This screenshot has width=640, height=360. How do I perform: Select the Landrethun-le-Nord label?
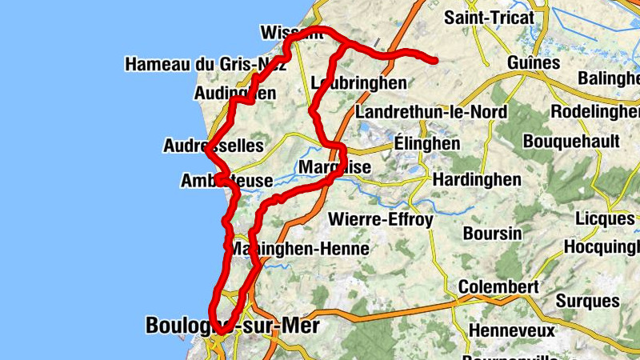pyautogui.click(x=431, y=111)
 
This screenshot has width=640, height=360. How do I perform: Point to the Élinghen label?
pyautogui.click(x=427, y=143)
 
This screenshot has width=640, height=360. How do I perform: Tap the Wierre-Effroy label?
pyautogui.click(x=381, y=219)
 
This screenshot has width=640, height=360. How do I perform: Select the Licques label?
pyautogui.click(x=605, y=218)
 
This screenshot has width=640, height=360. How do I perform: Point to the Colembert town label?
pyautogui.click(x=498, y=286)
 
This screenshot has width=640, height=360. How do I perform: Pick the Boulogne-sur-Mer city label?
pyautogui.click(x=232, y=326)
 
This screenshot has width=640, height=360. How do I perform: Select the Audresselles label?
pyautogui.click(x=213, y=146)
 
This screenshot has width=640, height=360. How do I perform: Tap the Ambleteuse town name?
pyautogui.click(x=227, y=182)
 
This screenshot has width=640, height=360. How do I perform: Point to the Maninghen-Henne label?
pyautogui.click(x=299, y=249)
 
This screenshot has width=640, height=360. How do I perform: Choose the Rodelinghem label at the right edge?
pyautogui.click(x=596, y=111)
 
